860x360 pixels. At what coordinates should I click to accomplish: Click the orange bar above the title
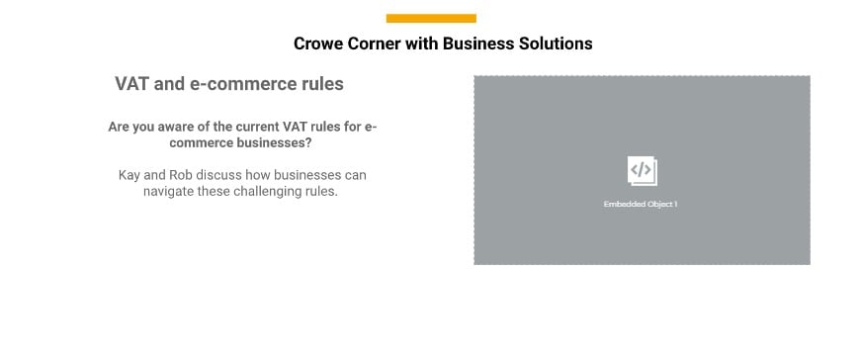click(431, 18)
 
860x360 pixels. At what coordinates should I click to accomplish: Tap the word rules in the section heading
click(321, 84)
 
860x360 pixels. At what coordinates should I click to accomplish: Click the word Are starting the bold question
click(120, 128)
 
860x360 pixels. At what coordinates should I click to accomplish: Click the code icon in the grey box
click(642, 170)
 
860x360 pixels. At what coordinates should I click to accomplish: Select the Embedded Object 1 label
click(641, 204)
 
